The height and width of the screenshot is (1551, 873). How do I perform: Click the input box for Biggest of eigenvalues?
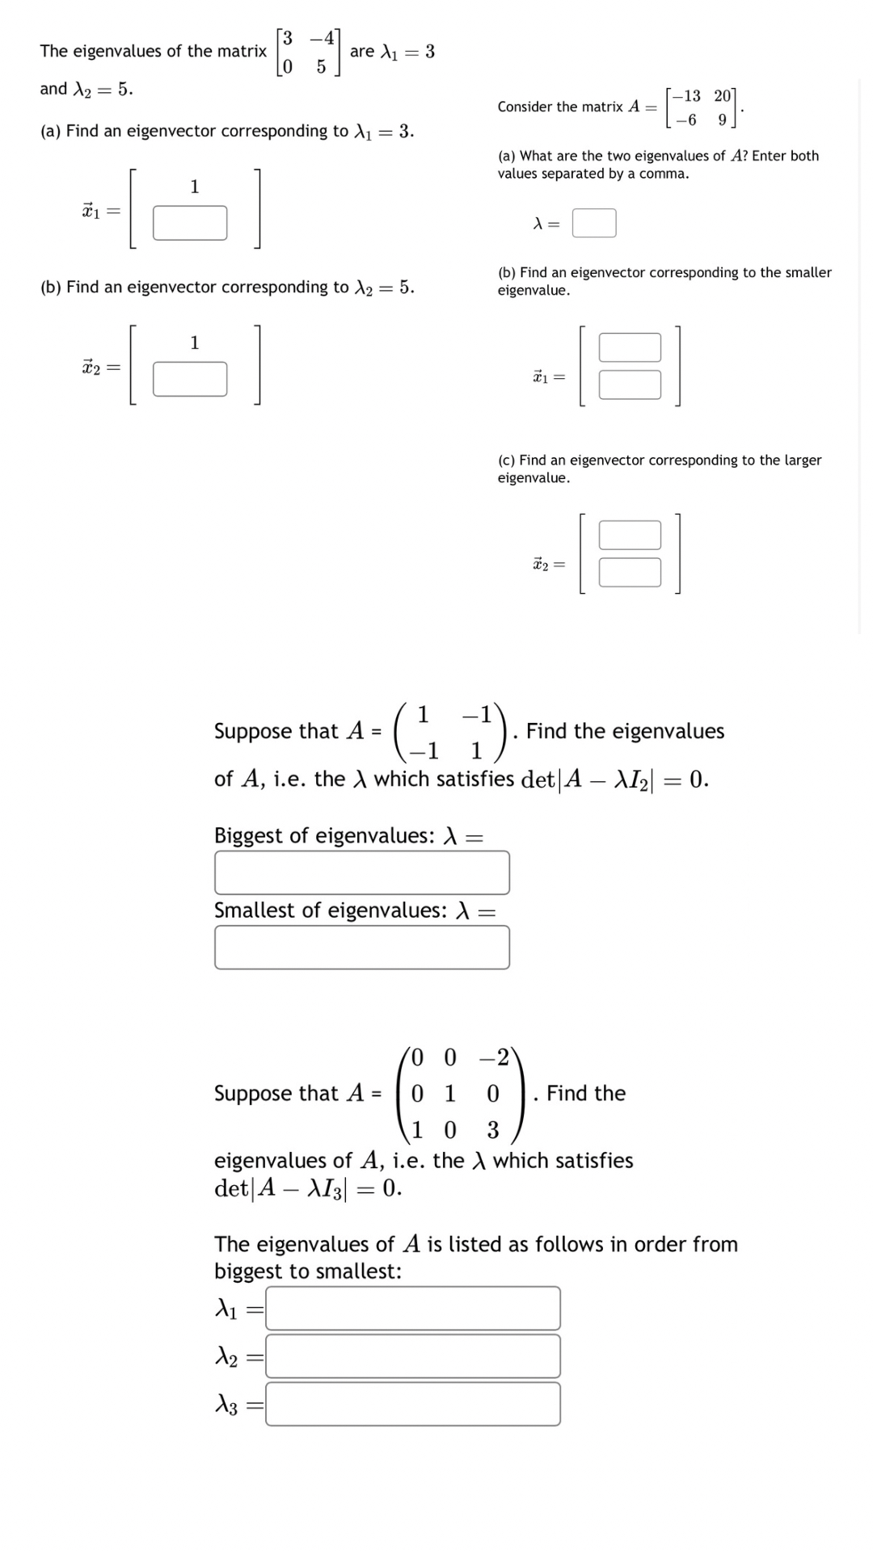coord(361,872)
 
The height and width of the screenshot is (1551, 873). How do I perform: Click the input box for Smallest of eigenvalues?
coord(361,947)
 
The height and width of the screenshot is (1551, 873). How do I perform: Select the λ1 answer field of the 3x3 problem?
coord(412,1308)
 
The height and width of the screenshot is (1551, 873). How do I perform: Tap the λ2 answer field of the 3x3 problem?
coord(412,1356)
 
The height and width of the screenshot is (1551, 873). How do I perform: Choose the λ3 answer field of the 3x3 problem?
coord(412,1404)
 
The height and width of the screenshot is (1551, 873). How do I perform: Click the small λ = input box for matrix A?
coord(594,223)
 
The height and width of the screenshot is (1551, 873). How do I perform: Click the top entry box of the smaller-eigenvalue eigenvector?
coord(630,347)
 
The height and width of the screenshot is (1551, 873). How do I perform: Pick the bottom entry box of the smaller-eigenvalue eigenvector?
coord(630,385)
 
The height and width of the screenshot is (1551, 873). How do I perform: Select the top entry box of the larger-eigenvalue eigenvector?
coord(630,535)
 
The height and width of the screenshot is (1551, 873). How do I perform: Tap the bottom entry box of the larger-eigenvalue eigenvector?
coord(630,572)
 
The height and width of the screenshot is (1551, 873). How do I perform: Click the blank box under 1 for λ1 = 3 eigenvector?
coord(190,223)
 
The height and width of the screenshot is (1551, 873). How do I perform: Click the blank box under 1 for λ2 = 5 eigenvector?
coord(190,379)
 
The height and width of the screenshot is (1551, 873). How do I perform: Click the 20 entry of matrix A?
coord(722,96)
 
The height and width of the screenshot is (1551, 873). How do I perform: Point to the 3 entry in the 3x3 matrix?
coord(493,1129)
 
